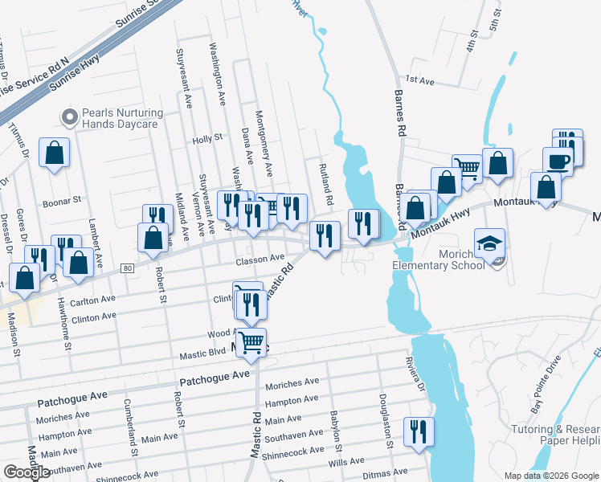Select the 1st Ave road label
coord(419,80)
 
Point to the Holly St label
coord(207,139)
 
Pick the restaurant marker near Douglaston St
coord(418,431)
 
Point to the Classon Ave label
coord(260,259)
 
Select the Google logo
coord(27,472)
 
